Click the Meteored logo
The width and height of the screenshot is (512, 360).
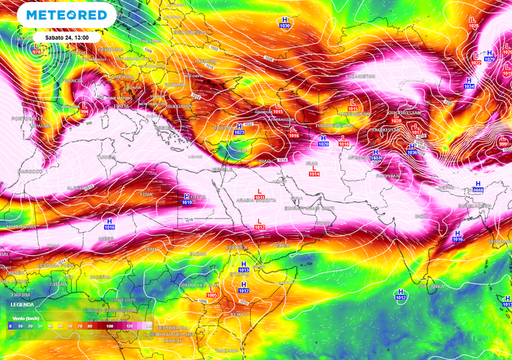pos(63,15)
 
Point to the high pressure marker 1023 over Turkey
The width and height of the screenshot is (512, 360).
pos(239,129)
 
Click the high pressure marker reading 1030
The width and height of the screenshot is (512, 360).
pos(285,22)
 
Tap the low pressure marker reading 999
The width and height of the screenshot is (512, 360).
pos(503,141)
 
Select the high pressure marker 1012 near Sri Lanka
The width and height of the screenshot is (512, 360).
pos(401,295)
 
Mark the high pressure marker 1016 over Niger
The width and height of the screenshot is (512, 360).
pos(109,223)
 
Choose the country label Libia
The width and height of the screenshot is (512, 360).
pos(147,194)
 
